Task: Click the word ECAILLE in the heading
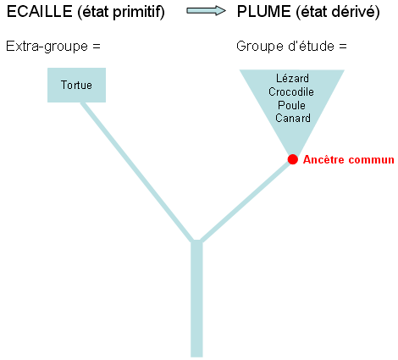click(40, 12)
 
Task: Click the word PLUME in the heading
click(264, 12)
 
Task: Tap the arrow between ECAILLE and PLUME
click(206, 11)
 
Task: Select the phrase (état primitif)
click(121, 12)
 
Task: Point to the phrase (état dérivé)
click(338, 12)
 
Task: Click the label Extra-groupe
click(47, 47)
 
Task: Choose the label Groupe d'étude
click(285, 46)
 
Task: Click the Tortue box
click(76, 85)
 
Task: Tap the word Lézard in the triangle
click(292, 78)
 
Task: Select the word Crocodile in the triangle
click(291, 91)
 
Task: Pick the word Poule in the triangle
click(291, 105)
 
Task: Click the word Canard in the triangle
click(293, 118)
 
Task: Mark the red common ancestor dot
click(293, 159)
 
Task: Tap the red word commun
click(371, 160)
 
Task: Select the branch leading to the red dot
click(246, 202)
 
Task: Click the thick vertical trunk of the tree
click(196, 299)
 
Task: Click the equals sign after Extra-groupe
click(97, 47)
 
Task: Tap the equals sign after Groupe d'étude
click(343, 47)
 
